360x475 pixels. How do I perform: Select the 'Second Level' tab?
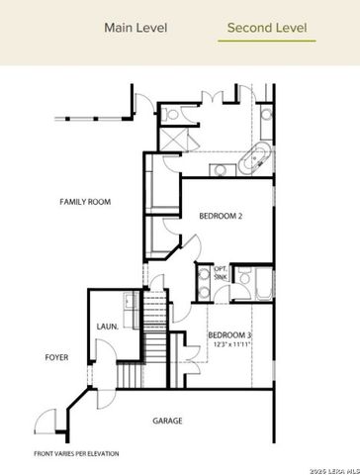point(266,28)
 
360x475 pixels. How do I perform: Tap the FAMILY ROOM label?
point(84,202)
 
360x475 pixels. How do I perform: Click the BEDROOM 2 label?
point(221,215)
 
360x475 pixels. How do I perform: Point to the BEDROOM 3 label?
point(229,336)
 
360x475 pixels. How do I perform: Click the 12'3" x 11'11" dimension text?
point(229,346)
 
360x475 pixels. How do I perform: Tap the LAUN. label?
point(108,326)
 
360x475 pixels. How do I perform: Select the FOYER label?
point(56,357)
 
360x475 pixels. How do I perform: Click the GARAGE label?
point(166,421)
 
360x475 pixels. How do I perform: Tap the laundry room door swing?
point(104,352)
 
